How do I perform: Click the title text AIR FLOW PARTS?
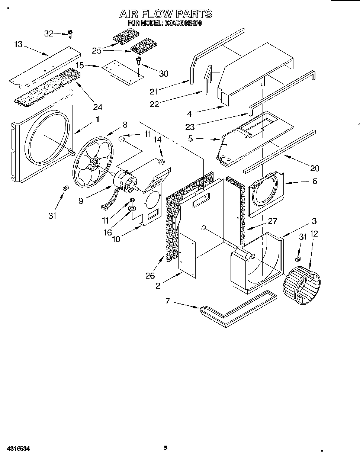(165, 14)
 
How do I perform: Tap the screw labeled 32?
(70, 34)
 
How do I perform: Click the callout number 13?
(18, 44)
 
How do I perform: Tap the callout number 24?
(97, 107)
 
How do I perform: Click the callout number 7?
(167, 301)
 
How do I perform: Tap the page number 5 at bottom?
(166, 448)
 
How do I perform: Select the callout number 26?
(150, 276)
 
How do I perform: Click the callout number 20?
(315, 168)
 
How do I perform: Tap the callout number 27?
(272, 221)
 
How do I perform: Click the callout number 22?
(154, 104)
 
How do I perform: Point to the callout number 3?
(314, 221)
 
